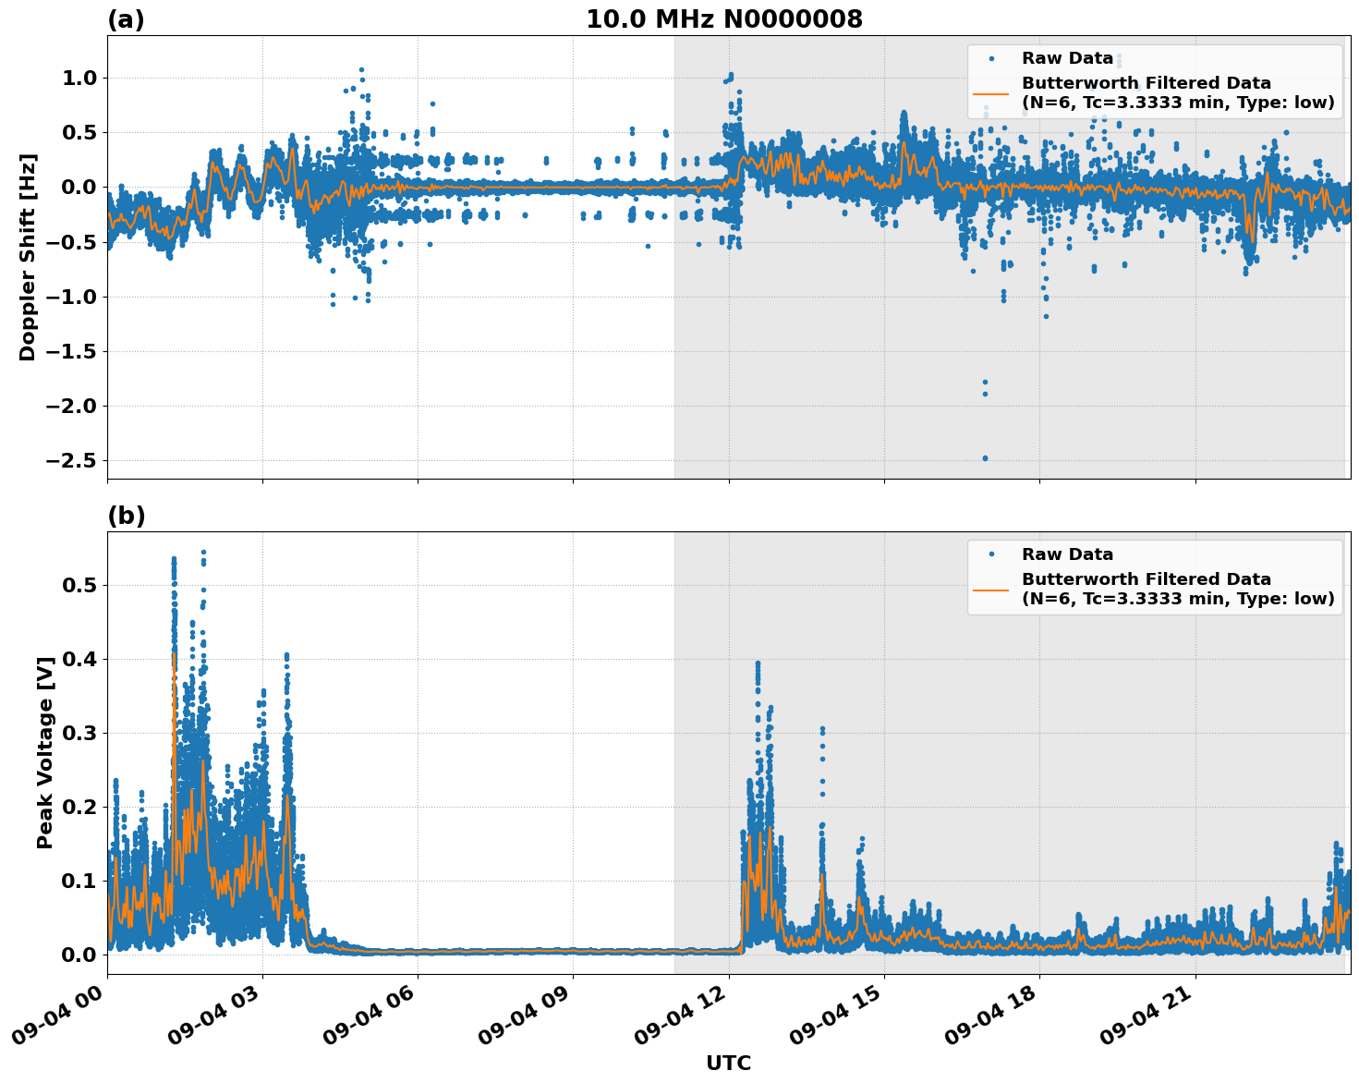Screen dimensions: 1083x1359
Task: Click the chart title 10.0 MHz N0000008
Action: [x=723, y=19]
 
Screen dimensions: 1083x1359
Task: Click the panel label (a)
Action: [x=126, y=19]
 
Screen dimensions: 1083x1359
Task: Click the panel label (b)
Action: [x=126, y=516]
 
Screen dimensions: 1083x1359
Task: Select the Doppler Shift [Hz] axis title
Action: [x=28, y=257]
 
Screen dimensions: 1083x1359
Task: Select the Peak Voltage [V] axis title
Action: [x=45, y=751]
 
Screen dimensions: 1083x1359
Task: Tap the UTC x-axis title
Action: [x=728, y=1063]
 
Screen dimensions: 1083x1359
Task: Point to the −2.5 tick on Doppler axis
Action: [x=77, y=460]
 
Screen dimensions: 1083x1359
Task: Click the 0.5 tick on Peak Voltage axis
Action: [x=84, y=585]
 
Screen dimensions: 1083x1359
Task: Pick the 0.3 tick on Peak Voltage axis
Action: [x=84, y=733]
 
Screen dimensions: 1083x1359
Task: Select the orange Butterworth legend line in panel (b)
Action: [x=991, y=589]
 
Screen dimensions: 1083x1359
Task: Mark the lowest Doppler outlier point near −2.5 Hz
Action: [x=985, y=458]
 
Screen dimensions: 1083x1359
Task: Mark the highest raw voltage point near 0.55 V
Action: [x=203, y=553]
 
